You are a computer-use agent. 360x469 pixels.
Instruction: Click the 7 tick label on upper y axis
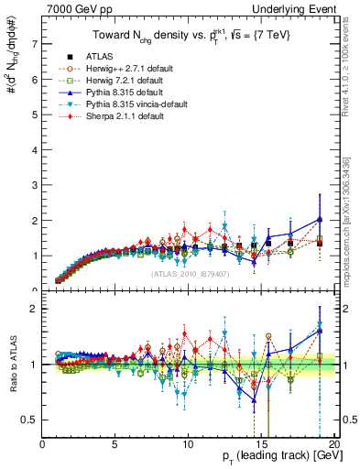click(34, 43)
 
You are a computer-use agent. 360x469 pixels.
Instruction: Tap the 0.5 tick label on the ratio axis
click(29, 420)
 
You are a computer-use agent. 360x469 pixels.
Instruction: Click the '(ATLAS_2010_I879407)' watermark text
click(190, 275)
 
